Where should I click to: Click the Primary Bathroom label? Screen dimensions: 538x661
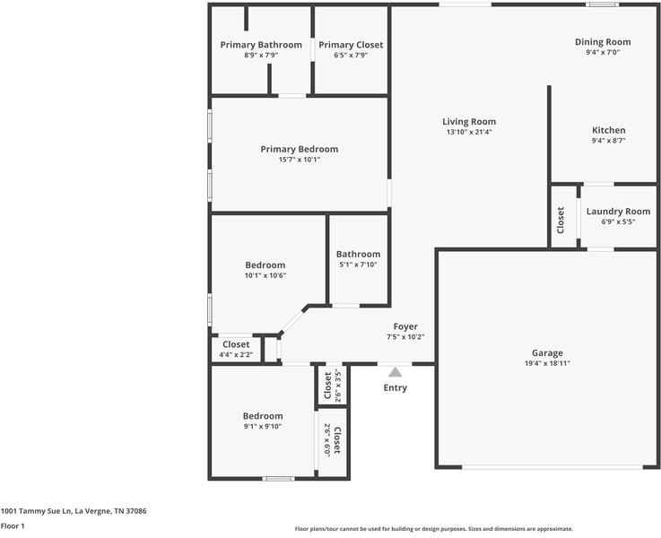(x=261, y=45)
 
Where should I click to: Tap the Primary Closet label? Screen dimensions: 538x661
(x=351, y=45)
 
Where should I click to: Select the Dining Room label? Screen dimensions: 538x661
(x=603, y=42)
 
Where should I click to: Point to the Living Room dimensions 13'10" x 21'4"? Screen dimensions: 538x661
(x=469, y=132)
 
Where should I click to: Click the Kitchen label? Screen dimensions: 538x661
(x=608, y=130)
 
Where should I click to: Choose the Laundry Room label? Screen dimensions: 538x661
(x=618, y=212)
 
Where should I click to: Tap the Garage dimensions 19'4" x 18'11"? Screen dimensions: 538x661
(x=546, y=363)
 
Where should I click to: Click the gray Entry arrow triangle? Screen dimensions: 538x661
(x=395, y=370)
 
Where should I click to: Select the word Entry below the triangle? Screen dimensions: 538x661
(x=395, y=387)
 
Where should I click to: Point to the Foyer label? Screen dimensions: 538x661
(x=405, y=326)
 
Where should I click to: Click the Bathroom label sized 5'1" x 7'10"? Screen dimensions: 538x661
(x=358, y=254)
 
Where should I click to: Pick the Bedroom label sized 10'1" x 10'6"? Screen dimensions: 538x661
(x=265, y=265)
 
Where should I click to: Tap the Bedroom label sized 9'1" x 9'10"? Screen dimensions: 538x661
(x=263, y=416)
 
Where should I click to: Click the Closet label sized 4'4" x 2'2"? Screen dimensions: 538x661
(x=236, y=344)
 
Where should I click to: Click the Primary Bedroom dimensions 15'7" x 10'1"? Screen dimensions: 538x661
(x=299, y=160)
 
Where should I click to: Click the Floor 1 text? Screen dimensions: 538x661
(x=13, y=526)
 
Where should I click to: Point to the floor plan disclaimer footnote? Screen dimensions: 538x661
(x=433, y=529)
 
